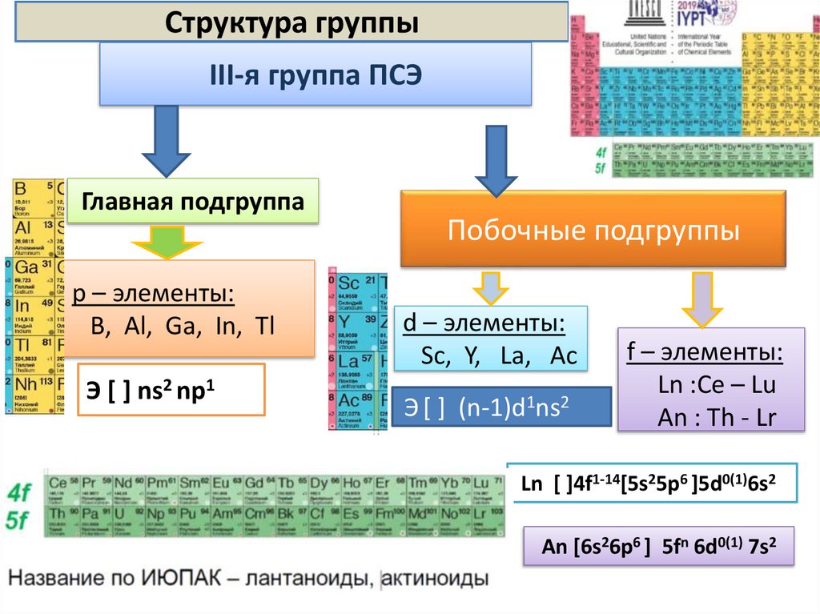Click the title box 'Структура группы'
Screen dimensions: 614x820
291,22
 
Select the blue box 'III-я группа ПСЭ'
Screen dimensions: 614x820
316,74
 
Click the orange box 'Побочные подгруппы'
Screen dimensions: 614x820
593,231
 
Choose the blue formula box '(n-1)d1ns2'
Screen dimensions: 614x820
501,407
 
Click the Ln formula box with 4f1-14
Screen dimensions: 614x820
652,484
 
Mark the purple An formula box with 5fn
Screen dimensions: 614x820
658,547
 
